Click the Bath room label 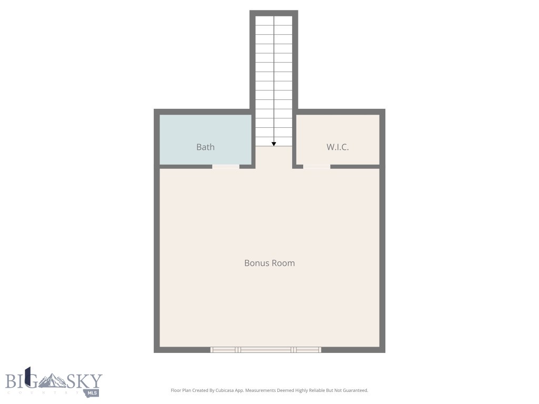coord(205,147)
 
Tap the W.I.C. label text coord(337,147)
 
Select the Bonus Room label coord(269,263)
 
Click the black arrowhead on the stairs coord(274,144)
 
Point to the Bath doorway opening coord(226,167)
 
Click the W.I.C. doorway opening coord(317,167)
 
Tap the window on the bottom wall coord(266,350)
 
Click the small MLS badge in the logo coord(93,392)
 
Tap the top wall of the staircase coord(274,13)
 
